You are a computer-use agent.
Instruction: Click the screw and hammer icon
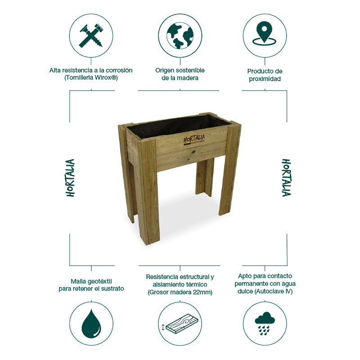pyautogui.click(x=91, y=35)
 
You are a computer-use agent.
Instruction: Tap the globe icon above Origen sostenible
pyautogui.click(x=180, y=35)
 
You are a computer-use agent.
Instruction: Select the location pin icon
pyautogui.click(x=265, y=34)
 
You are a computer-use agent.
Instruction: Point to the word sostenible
pyautogui.click(x=189, y=70)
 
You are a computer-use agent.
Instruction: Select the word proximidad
pyautogui.click(x=265, y=79)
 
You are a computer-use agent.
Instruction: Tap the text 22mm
pyautogui.click(x=202, y=293)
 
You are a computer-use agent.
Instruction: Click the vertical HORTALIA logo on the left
pyautogui.click(x=71, y=177)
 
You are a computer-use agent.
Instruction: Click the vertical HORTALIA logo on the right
pyautogui.click(x=286, y=177)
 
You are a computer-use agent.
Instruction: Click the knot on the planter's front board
pyautogui.click(x=194, y=152)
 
